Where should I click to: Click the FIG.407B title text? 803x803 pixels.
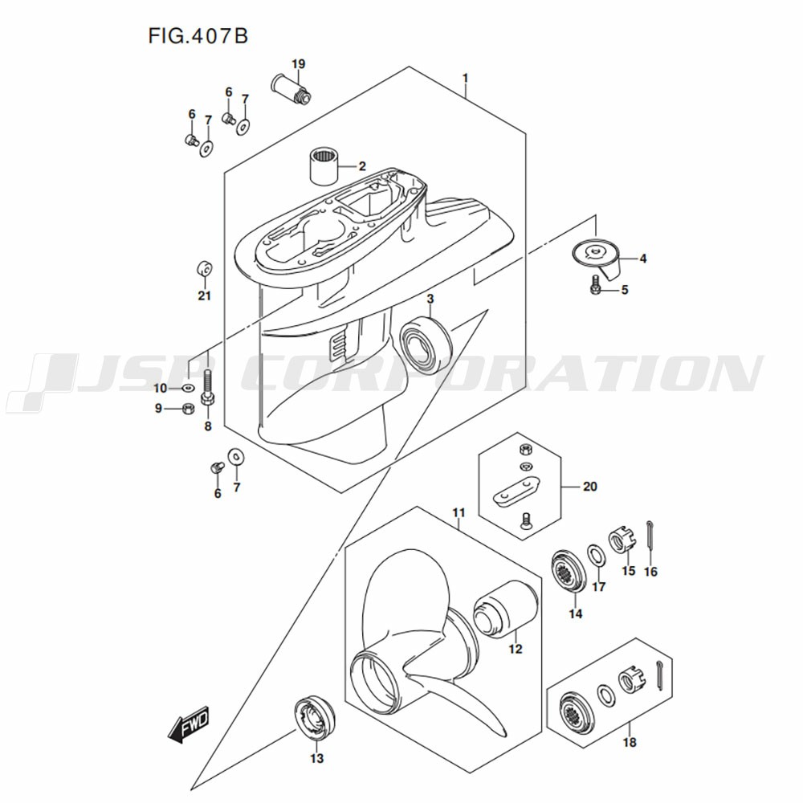198,36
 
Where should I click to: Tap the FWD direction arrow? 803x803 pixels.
189,724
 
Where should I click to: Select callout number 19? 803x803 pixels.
299,64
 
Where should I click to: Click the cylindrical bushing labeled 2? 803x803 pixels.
324,165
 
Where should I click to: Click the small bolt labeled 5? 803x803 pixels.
595,285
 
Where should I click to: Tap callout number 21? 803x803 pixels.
204,296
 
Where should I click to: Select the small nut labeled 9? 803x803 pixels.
187,409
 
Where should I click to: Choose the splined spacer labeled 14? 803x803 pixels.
569,572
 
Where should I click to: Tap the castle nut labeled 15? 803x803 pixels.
621,542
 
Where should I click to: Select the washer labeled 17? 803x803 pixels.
595,557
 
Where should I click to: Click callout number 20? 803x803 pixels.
590,486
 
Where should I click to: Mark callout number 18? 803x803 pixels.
630,742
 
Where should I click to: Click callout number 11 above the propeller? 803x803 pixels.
459,512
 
